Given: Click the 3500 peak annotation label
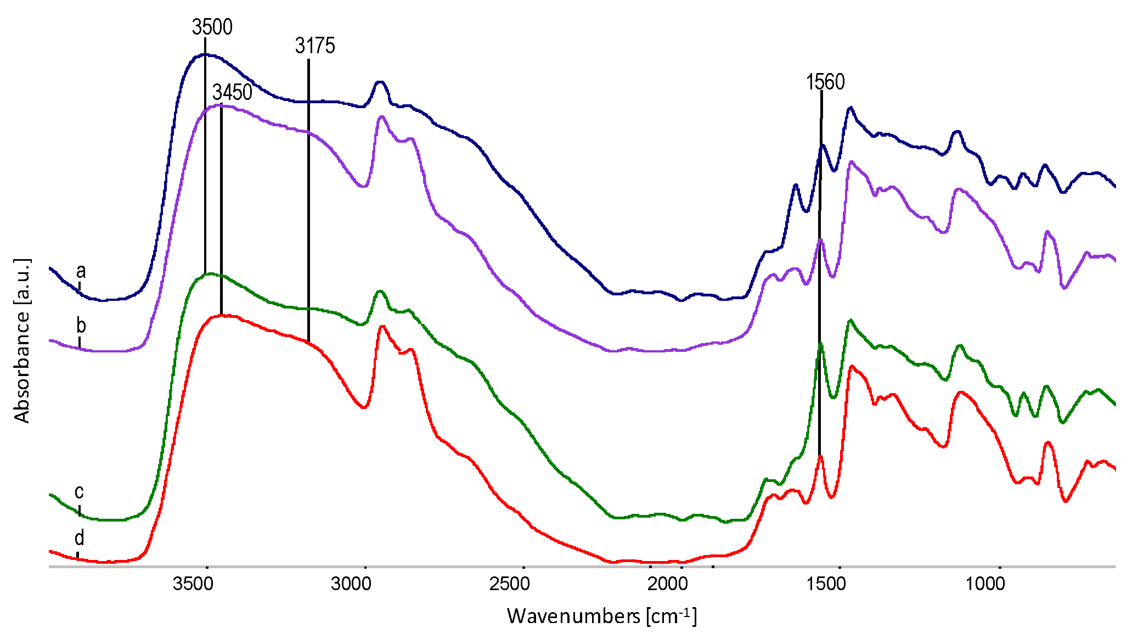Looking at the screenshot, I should pyautogui.click(x=212, y=27).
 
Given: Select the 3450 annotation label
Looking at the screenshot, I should pyautogui.click(x=232, y=92).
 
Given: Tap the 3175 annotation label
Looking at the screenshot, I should pyautogui.click(x=314, y=46).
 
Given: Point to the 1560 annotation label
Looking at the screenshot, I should pyautogui.click(x=825, y=82).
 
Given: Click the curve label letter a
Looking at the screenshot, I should pyautogui.click(x=81, y=271).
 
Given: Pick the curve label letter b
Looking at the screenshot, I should pyautogui.click(x=81, y=326).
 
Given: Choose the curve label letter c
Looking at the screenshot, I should pyautogui.click(x=79, y=491).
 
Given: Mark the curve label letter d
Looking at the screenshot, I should pyautogui.click(x=79, y=537).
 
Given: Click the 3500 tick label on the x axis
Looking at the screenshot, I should pyautogui.click(x=193, y=584).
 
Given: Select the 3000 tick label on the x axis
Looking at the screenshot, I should pyautogui.click(x=351, y=584).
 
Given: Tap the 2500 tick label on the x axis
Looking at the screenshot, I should pyautogui.click(x=510, y=584).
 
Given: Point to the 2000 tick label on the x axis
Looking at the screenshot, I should pyautogui.click(x=668, y=584).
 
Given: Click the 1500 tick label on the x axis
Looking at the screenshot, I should pyautogui.click(x=826, y=584).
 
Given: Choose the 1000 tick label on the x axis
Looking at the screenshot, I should pyautogui.click(x=985, y=584).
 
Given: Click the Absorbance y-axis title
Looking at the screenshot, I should pyautogui.click(x=22, y=340).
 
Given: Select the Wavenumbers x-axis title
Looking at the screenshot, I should pyautogui.click(x=601, y=616).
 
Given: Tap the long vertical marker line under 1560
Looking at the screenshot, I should pyautogui.click(x=820, y=274).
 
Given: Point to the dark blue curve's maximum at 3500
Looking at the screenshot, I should pyautogui.click(x=205, y=54).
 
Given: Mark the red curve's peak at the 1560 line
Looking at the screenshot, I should pyautogui.click(x=820, y=456).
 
